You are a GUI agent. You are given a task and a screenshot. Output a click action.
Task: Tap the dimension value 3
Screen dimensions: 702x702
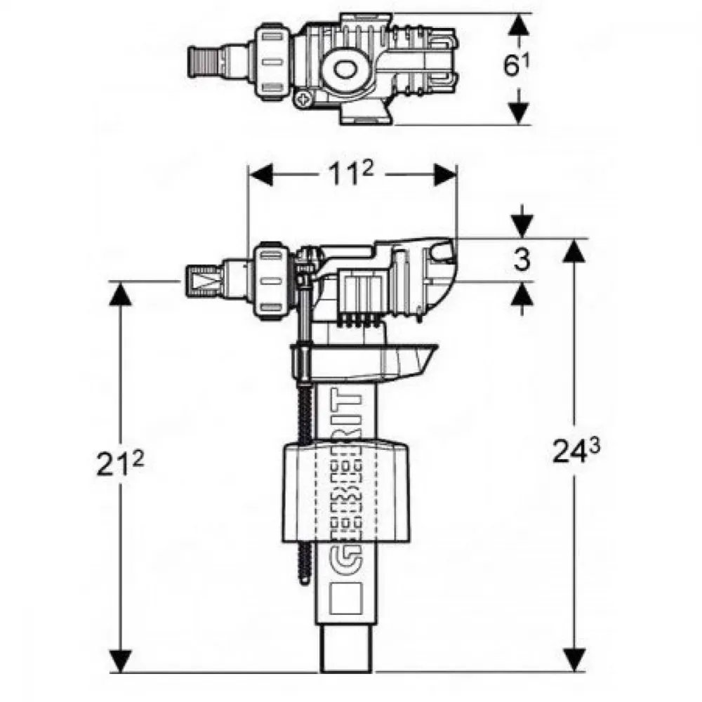coord(522,260)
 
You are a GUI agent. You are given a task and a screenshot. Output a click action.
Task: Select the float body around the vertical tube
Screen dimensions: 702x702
coord(345,493)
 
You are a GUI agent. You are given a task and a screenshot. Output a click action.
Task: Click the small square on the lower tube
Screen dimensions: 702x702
coord(345,598)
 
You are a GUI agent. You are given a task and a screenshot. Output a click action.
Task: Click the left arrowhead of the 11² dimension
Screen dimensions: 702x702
coord(260,175)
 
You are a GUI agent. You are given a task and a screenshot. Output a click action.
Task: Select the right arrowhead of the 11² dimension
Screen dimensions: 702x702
coord(445,175)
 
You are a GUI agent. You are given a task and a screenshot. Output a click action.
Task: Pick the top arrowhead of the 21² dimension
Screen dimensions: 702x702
coord(121,293)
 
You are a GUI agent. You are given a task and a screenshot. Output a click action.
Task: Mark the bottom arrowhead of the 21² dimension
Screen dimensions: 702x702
coord(121,660)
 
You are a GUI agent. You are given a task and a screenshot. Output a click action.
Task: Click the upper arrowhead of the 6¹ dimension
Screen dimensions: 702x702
coord(519,25)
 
